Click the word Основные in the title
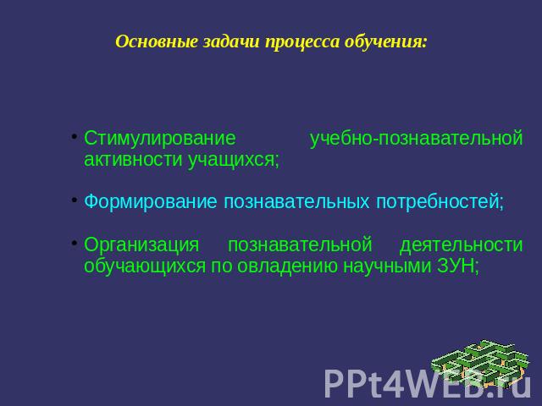tap(157, 42)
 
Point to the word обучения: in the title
tap(386, 42)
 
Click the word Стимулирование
tap(160, 139)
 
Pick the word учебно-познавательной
tap(416, 138)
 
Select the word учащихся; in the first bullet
tap(234, 160)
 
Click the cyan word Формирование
tap(151, 201)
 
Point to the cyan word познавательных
tap(296, 202)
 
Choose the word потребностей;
tap(440, 202)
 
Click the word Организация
tap(141, 244)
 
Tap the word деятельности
tap(461, 244)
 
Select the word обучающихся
tap(145, 266)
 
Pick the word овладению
tap(287, 266)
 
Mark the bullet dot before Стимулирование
tap(75, 136)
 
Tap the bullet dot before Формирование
tap(75, 200)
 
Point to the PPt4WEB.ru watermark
tap(428, 383)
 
